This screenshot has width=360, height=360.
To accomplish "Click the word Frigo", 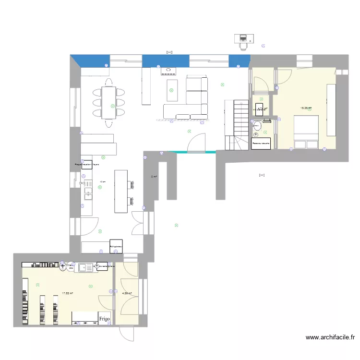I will pos(105,318).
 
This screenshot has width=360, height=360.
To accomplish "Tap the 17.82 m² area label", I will pos(67,293).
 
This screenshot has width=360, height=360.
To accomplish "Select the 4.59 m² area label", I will pos(127,293).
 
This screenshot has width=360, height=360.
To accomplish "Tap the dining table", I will pos(108,102).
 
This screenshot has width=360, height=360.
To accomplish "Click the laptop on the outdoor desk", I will pos(242,37).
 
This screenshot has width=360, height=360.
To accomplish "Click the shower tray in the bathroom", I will pos(261,144).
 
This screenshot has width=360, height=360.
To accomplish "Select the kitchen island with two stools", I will pos(121,191).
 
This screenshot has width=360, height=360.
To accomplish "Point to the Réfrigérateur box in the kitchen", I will pos(116,246).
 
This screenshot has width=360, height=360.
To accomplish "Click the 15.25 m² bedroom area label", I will pos(306,108).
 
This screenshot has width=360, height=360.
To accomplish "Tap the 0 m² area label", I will pos(154,177).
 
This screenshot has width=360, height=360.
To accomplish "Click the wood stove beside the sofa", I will pos(168,71).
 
